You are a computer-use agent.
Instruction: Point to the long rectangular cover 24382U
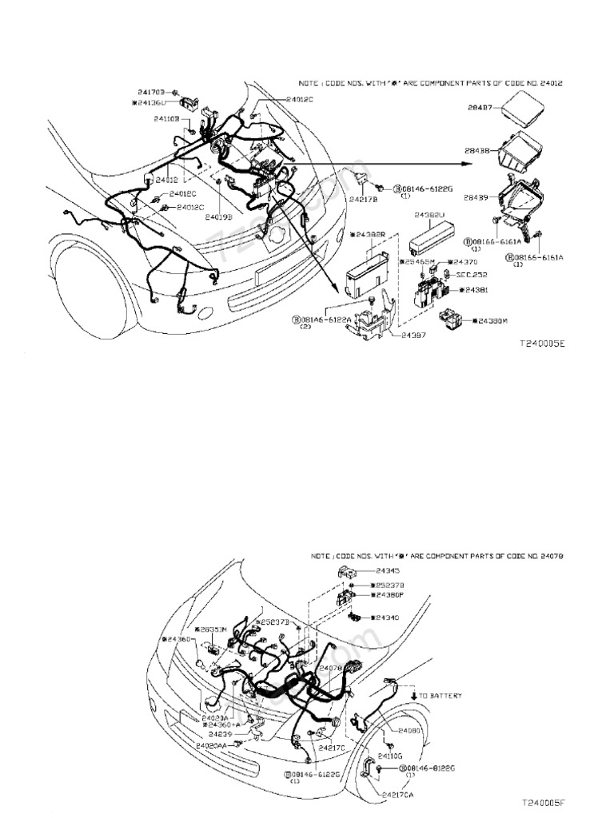(436, 234)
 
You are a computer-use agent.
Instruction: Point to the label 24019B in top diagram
(219, 216)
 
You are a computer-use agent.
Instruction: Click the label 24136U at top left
(148, 102)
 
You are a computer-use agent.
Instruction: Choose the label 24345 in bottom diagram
(390, 571)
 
